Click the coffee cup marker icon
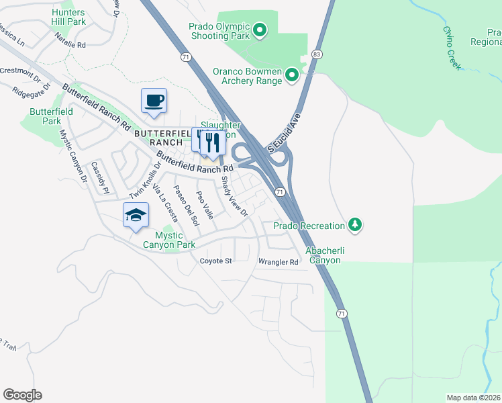click(x=154, y=101)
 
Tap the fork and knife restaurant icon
click(x=213, y=142)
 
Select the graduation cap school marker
click(x=136, y=215)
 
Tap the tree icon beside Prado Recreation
click(x=355, y=225)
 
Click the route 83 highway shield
click(x=317, y=53)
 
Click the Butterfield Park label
click(x=47, y=117)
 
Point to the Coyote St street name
click(x=215, y=261)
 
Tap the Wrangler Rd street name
click(x=278, y=262)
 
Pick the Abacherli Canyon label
click(x=325, y=255)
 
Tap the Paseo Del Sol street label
click(x=186, y=204)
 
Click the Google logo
click(x=22, y=395)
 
